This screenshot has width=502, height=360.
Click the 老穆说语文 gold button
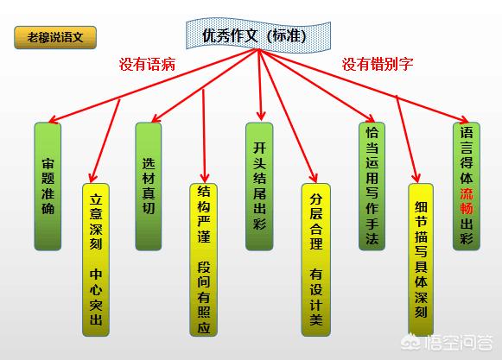[55, 37]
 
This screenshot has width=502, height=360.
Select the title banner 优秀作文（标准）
[258, 35]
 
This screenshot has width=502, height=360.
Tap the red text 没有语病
[147, 64]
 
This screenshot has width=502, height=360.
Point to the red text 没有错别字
[378, 64]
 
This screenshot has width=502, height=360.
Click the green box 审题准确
[48, 186]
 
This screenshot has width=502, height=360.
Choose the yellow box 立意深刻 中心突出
[96, 260]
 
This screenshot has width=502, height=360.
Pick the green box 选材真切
[149, 186]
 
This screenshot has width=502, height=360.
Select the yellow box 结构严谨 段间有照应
[203, 260]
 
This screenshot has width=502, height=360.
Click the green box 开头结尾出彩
[259, 186]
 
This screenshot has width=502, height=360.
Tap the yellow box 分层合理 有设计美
[315, 260]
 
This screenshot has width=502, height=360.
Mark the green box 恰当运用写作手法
[372, 186]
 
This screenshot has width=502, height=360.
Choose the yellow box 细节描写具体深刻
[421, 260]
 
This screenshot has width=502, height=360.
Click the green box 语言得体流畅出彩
[467, 186]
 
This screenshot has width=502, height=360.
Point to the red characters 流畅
[467, 201]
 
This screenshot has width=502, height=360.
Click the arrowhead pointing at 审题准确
[54, 119]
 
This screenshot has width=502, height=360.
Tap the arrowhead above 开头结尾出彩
[261, 116]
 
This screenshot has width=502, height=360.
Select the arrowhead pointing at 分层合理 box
[314, 178]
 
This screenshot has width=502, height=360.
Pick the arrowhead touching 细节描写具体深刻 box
[416, 177]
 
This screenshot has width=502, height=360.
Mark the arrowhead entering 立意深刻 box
[93, 177]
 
